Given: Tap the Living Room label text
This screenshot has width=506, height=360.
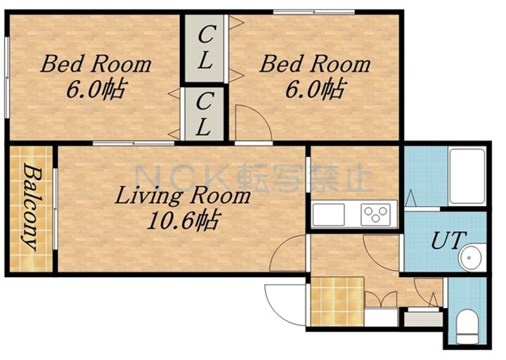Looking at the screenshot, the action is click(183, 196).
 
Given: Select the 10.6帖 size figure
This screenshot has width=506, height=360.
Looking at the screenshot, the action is click(183, 221).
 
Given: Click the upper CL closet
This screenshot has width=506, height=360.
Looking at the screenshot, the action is click(205, 48).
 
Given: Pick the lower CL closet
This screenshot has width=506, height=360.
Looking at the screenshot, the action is click(204, 114).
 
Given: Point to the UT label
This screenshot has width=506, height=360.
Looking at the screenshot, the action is click(448, 240).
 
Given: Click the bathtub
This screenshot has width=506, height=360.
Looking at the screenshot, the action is click(467, 176).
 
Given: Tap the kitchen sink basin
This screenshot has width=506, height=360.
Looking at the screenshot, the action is click(328, 214).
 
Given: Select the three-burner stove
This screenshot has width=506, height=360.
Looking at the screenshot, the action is click(375, 214).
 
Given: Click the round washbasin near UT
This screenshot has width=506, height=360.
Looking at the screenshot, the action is click(470, 257).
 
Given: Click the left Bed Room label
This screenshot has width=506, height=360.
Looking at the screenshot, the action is click(96, 64).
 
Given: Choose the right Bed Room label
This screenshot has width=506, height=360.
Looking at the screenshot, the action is click(315, 64).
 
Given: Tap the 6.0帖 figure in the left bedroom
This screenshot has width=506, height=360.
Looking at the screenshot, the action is click(96, 88).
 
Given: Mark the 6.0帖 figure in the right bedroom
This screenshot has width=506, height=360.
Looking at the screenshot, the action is click(315, 88).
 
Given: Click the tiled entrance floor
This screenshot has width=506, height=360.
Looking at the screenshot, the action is click(337, 301).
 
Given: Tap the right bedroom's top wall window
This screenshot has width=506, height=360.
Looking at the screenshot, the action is click(313, 12).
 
